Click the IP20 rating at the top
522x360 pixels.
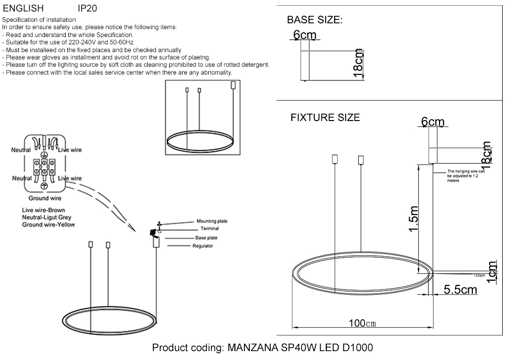[87, 8]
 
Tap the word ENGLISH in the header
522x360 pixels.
[23, 8]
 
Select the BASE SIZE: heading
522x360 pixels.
[315, 20]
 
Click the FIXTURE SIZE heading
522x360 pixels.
[325, 117]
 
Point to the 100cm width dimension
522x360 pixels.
[362, 323]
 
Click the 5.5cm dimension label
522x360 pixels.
[460, 289]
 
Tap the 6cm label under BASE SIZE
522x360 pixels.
[305, 35]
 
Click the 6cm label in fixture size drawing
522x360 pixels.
[433, 122]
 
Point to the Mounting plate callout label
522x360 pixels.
[211, 221]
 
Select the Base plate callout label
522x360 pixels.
[206, 238]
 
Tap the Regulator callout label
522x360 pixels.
[203, 246]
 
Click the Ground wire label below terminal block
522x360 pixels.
[45, 198]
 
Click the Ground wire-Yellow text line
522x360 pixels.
[49, 224]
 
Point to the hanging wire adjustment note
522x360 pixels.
[466, 176]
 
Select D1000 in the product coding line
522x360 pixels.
[358, 348]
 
